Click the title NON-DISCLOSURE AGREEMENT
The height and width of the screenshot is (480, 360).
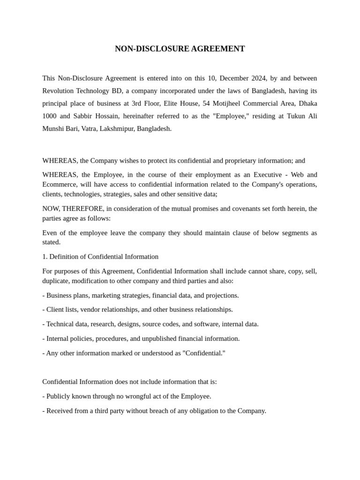[x=180, y=49]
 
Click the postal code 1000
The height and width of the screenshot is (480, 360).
[x=50, y=116]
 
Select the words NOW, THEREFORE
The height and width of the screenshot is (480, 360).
[x=72, y=209]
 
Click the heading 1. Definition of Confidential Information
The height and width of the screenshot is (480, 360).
[x=100, y=256]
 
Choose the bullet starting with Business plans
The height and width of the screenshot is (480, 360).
[x=141, y=295]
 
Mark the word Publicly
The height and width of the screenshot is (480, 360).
[x=60, y=396]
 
